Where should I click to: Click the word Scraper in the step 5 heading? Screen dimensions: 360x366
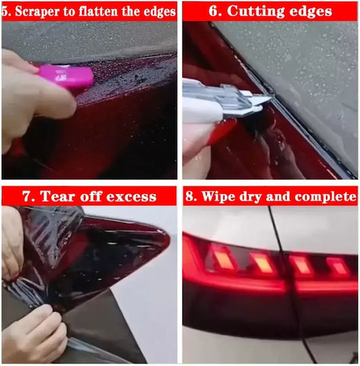[x=37, y=12]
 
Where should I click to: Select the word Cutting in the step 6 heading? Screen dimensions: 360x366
[x=256, y=12]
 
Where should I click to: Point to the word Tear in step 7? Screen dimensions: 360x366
[x=58, y=196]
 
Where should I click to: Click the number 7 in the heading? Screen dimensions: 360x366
[x=28, y=196]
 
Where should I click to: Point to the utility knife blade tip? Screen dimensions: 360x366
[x=271, y=98]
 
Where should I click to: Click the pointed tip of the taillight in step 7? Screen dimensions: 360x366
[x=169, y=238]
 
